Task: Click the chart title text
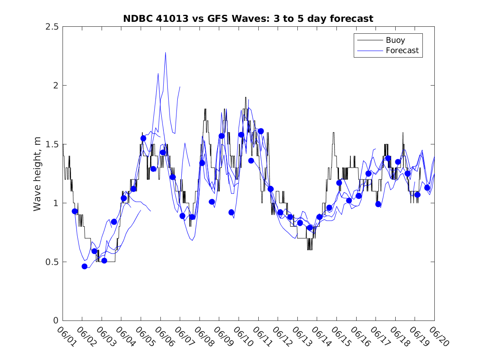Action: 248,19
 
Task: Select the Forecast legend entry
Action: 388,51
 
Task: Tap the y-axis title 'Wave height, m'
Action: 37,174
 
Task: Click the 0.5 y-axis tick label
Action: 52,262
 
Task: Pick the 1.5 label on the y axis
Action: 52,144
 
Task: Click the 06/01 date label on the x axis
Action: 67,337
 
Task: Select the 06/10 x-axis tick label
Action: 243,337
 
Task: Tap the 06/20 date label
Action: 439,337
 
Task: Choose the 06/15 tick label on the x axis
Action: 341,337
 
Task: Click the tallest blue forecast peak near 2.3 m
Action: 166,53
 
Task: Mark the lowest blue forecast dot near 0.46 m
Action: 84,266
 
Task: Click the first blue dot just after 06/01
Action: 75,211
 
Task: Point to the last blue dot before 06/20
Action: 427,188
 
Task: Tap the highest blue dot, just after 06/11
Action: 261,131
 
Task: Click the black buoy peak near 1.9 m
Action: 246,98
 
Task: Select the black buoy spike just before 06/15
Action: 333,133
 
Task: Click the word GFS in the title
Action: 218,19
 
